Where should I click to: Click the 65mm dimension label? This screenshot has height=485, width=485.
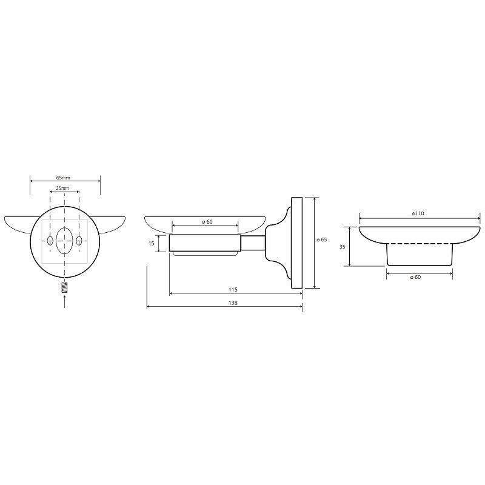[x=63, y=178]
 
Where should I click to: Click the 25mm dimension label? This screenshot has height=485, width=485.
[x=62, y=188]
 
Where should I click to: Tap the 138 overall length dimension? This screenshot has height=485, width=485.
[x=233, y=303]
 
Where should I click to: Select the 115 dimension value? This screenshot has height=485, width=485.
[x=233, y=290]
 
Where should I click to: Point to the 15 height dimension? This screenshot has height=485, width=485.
[x=151, y=244]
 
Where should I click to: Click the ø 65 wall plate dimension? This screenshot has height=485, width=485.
[x=322, y=239]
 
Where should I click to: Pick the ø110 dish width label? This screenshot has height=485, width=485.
[x=418, y=213]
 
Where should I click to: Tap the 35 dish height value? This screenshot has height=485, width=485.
[x=342, y=247]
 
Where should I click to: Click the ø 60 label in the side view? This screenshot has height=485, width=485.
[x=207, y=222]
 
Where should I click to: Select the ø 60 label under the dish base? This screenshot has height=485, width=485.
[x=415, y=277]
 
